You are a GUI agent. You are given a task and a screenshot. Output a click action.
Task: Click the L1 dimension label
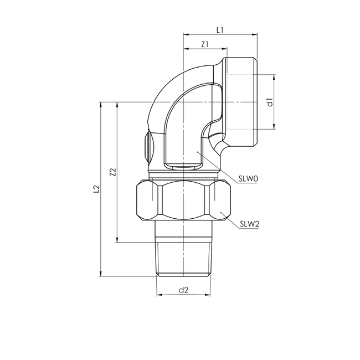[x=220, y=29]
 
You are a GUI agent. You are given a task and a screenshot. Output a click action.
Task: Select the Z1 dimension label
[x=204, y=44]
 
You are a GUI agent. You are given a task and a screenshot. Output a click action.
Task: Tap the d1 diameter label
[x=269, y=102]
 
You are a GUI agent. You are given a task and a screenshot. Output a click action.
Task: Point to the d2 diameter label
[x=184, y=289]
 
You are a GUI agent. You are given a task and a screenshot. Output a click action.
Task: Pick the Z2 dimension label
[x=112, y=172]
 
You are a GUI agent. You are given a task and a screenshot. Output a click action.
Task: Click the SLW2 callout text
[x=250, y=225]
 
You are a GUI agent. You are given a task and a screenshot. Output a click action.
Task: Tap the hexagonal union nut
[x=184, y=200]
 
